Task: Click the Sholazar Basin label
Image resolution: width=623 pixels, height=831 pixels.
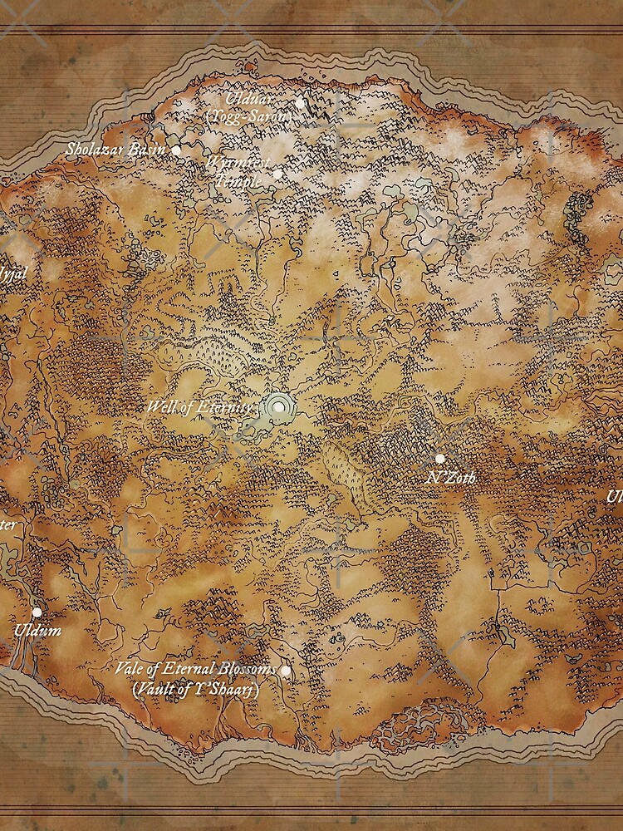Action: (115, 150)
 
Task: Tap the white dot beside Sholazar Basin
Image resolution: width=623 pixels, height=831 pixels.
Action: (176, 150)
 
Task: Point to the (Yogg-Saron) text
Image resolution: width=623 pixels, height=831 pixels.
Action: (249, 117)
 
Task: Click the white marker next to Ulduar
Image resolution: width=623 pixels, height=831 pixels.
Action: (300, 102)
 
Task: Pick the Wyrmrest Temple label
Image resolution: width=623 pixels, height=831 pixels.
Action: (238, 170)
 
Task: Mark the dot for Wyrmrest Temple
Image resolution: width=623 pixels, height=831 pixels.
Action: (277, 175)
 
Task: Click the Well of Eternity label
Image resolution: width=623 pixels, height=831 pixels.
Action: (198, 407)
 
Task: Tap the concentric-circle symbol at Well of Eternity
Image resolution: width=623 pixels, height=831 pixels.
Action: (280, 407)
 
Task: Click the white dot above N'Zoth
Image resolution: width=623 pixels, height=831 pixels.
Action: (439, 459)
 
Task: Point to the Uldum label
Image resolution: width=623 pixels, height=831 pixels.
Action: (37, 631)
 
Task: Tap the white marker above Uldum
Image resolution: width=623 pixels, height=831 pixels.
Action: (37, 612)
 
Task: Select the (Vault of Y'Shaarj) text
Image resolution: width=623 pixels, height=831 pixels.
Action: (196, 689)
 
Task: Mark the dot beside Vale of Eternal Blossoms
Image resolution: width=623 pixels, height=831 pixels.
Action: (286, 671)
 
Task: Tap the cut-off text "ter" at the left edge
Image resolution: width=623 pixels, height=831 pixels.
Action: (7, 524)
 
